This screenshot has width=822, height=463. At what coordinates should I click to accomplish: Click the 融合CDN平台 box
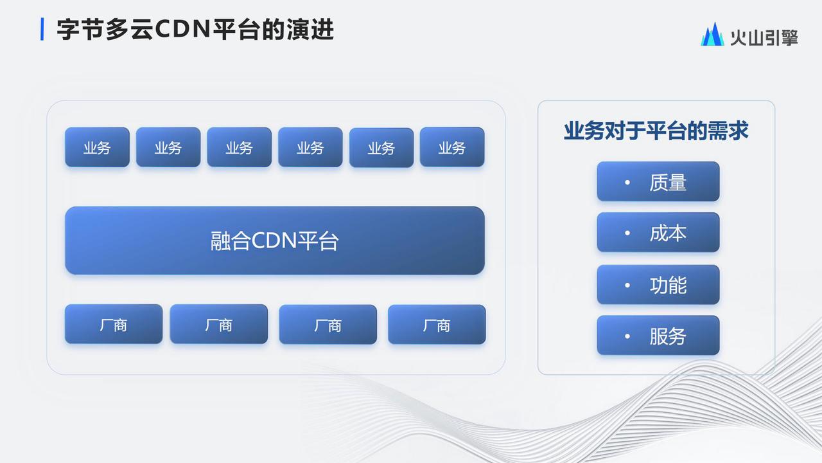click(275, 241)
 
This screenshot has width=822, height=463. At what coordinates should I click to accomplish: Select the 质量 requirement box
click(658, 181)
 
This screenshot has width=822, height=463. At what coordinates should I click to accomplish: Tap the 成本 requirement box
click(658, 232)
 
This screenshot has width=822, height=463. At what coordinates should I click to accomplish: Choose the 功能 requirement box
click(658, 284)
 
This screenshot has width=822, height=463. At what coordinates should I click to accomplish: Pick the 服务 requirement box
click(658, 335)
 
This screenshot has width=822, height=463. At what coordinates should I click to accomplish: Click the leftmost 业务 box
click(97, 147)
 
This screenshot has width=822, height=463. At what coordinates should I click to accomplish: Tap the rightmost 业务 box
click(452, 147)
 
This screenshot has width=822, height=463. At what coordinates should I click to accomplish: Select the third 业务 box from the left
click(240, 147)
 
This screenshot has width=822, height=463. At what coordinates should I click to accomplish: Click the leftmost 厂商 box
click(114, 324)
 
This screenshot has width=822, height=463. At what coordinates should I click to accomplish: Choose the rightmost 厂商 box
click(437, 325)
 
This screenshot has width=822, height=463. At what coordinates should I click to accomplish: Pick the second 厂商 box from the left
click(219, 324)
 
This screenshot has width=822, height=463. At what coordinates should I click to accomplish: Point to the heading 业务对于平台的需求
click(656, 131)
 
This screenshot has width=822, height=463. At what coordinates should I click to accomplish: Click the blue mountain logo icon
click(712, 34)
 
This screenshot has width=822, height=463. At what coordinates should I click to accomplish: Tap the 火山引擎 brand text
click(764, 37)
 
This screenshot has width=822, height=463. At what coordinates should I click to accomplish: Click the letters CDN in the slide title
click(182, 30)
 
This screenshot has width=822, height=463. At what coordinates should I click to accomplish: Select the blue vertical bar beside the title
click(42, 29)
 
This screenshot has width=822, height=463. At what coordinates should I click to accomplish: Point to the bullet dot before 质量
click(627, 182)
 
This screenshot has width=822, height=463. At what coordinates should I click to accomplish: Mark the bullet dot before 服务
click(627, 336)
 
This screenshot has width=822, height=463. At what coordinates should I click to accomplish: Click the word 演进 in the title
click(310, 30)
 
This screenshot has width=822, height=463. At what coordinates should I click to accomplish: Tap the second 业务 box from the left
click(168, 147)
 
